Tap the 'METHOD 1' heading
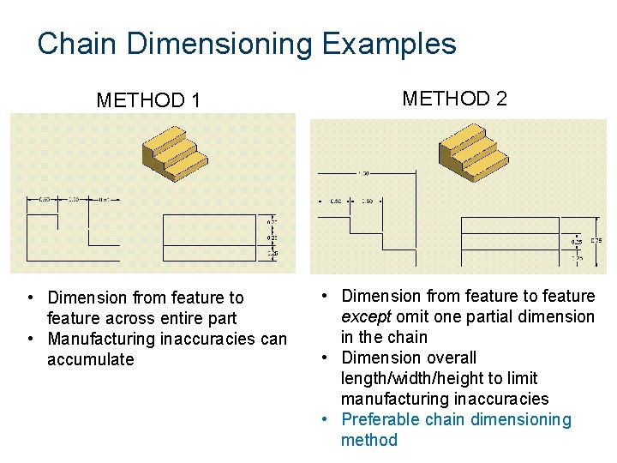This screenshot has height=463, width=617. click(148, 101)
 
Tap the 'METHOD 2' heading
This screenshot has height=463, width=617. click(454, 99)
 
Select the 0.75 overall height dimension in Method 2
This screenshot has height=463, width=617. click(596, 241)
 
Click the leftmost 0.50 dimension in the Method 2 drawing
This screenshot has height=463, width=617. click(335, 201)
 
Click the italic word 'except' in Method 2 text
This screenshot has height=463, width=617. click(366, 316)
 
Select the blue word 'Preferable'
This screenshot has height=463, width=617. click(380, 419)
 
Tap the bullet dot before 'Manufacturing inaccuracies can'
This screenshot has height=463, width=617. click(30, 339)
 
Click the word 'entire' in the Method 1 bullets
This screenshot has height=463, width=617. click(178, 318)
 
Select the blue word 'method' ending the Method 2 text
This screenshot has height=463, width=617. click(369, 440)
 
